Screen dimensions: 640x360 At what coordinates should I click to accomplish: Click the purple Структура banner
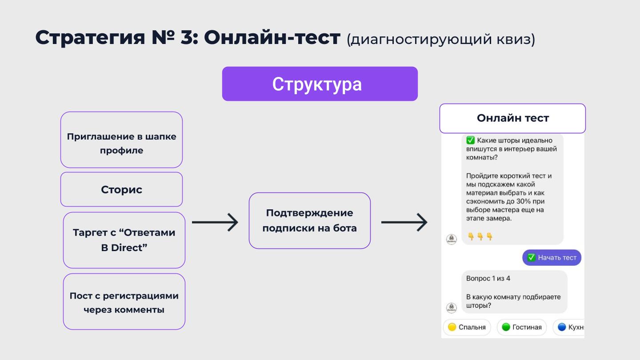(320, 84)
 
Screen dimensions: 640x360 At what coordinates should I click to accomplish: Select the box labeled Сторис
(121, 189)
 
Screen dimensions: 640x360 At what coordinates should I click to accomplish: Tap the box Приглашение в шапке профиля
(121, 140)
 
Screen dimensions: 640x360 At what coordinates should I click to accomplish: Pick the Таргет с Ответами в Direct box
(124, 240)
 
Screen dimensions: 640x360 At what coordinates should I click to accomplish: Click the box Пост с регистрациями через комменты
(124, 302)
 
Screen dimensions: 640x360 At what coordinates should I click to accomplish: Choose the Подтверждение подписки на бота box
(310, 220)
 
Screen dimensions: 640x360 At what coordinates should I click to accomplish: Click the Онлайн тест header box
(512, 118)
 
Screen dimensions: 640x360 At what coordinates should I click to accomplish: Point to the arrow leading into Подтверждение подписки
(215, 222)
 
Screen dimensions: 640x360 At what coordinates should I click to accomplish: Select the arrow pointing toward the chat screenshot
(404, 222)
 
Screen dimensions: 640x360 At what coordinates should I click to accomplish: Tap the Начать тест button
(552, 257)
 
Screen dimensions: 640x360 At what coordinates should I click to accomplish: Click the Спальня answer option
(467, 327)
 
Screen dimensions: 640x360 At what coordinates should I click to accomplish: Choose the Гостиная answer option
(522, 327)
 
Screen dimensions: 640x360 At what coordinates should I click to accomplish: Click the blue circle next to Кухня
(562, 327)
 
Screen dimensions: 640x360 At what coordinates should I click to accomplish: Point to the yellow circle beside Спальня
(452, 327)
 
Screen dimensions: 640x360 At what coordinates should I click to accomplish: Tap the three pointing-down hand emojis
(480, 236)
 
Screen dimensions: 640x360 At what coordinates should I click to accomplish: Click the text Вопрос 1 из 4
(488, 278)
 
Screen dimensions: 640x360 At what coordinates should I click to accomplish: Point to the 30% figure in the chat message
(524, 201)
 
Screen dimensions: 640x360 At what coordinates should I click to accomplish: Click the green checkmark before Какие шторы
(470, 140)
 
